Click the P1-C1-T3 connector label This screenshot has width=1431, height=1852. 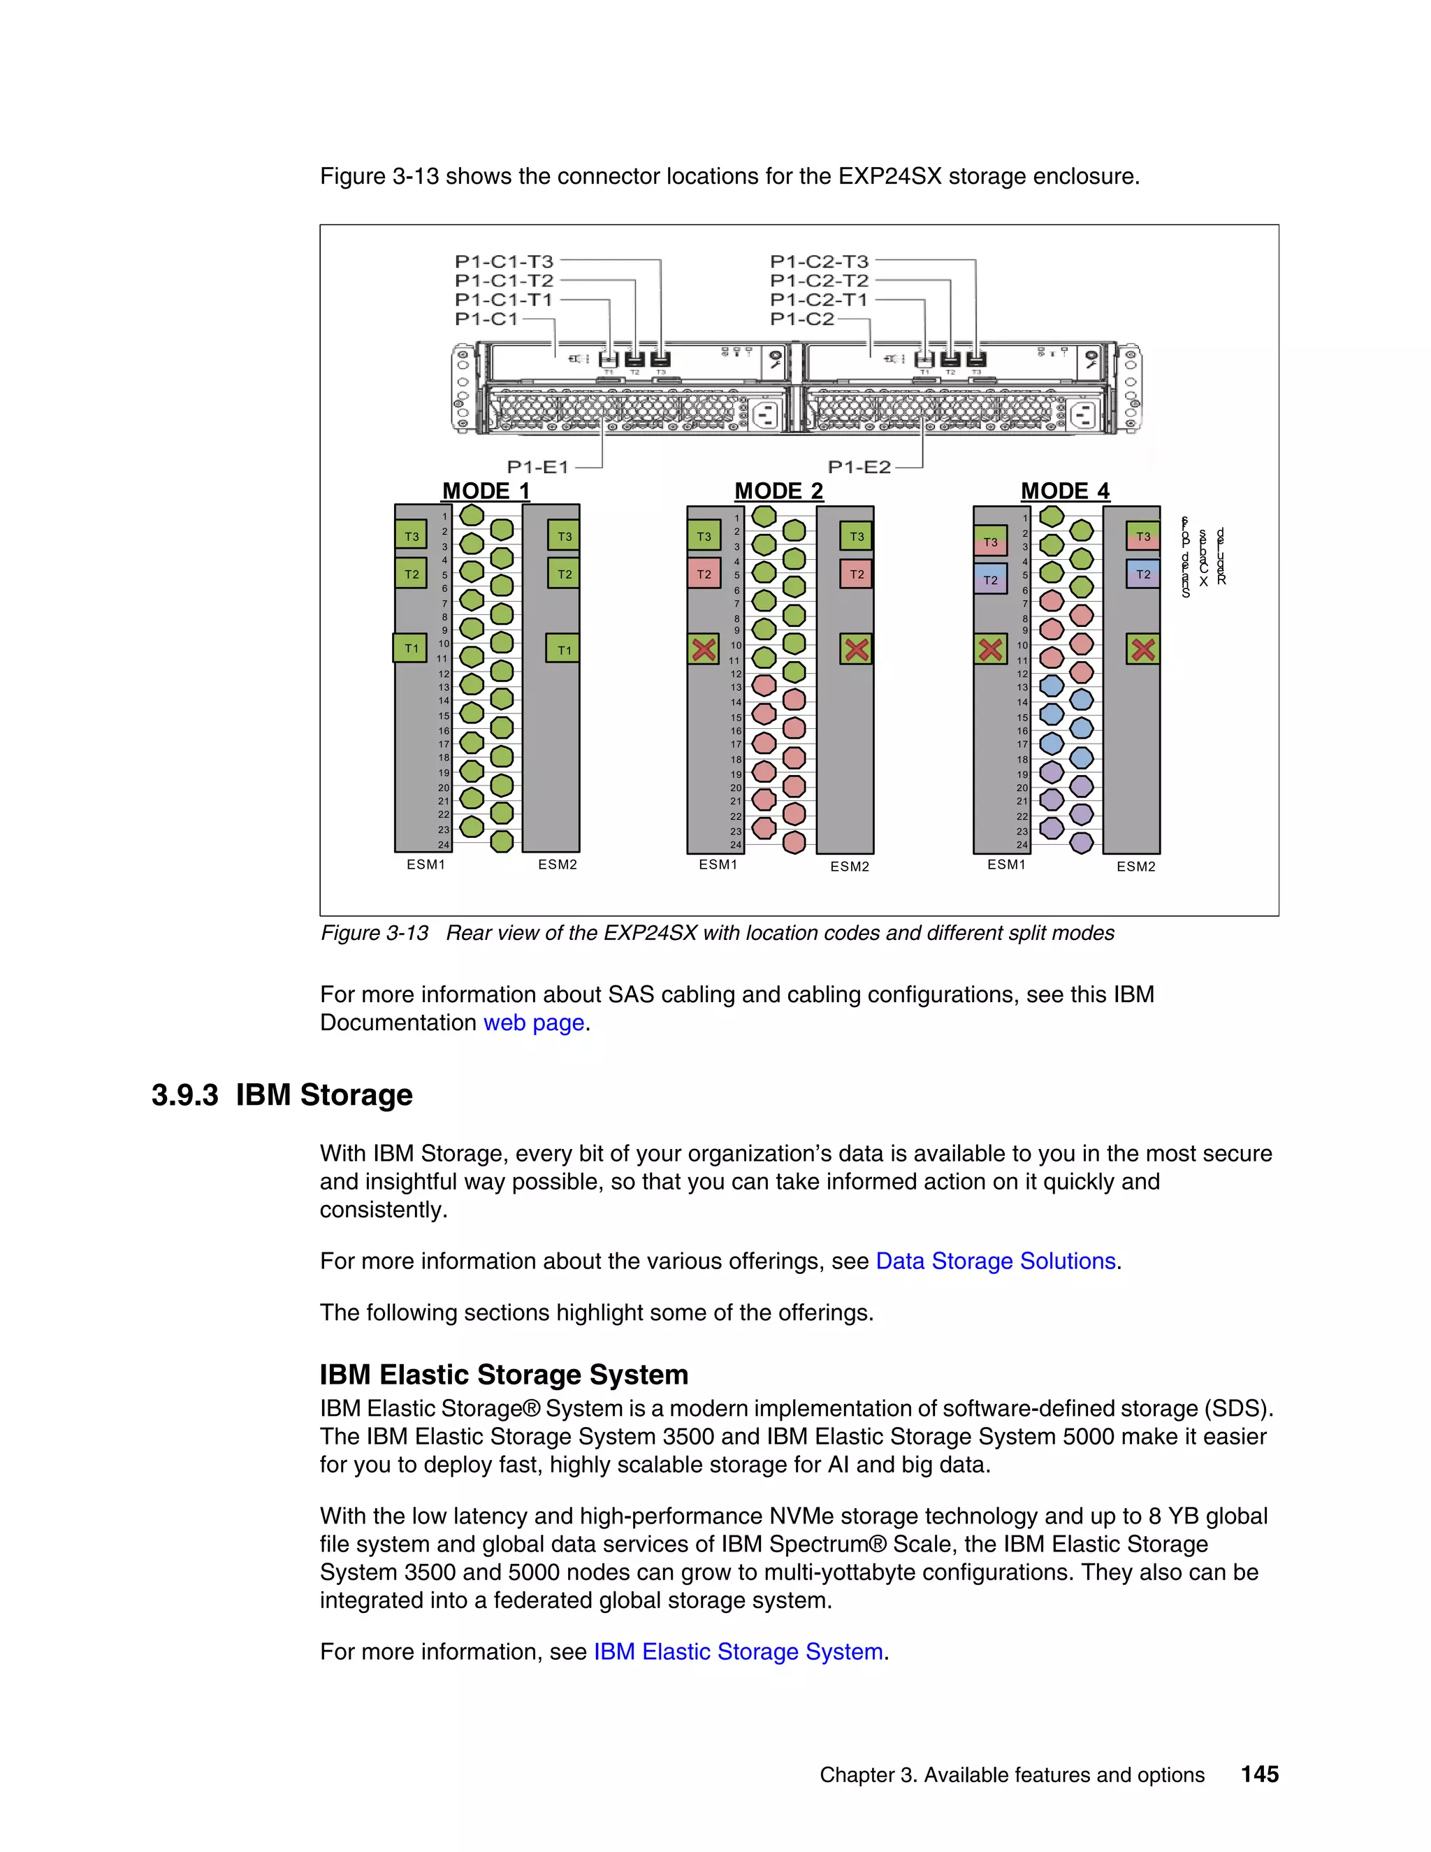coord(504,261)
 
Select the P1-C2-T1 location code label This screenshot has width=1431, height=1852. coord(819,299)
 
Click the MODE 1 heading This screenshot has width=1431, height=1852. coord(486,491)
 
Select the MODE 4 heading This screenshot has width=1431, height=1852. coord(1065,491)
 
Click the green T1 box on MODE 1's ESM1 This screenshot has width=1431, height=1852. coord(410,648)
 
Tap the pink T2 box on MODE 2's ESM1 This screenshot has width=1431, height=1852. coord(704,574)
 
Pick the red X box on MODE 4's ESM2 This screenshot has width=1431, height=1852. coord(1142,649)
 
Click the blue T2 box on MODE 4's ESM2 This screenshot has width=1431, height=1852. coord(1142,574)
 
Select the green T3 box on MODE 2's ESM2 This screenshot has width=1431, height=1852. coord(856,536)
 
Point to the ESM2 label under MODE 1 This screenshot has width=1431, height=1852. coord(557,864)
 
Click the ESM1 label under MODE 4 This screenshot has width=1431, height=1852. coord(1006,864)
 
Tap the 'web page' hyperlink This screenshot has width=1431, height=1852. coord(533,1022)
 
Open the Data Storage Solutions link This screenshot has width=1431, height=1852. coord(995,1261)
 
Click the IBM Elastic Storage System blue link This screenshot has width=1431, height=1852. coord(738,1652)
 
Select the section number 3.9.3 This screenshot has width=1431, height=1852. coord(184,1094)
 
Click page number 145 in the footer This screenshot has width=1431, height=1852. coord(1259,1774)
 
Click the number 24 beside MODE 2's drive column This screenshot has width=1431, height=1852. coord(736,845)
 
